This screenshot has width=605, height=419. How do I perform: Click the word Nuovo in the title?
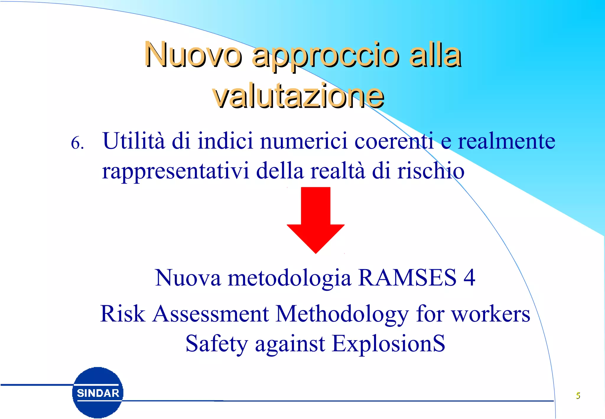[193, 55]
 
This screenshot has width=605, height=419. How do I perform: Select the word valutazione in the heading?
[298, 96]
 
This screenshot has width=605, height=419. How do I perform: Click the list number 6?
[77, 143]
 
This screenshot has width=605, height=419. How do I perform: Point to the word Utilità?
[134, 141]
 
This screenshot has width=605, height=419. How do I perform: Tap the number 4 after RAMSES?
[469, 277]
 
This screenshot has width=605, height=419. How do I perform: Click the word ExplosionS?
[388, 343]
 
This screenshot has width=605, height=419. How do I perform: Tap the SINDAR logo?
[98, 393]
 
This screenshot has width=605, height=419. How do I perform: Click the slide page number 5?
[578, 395]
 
